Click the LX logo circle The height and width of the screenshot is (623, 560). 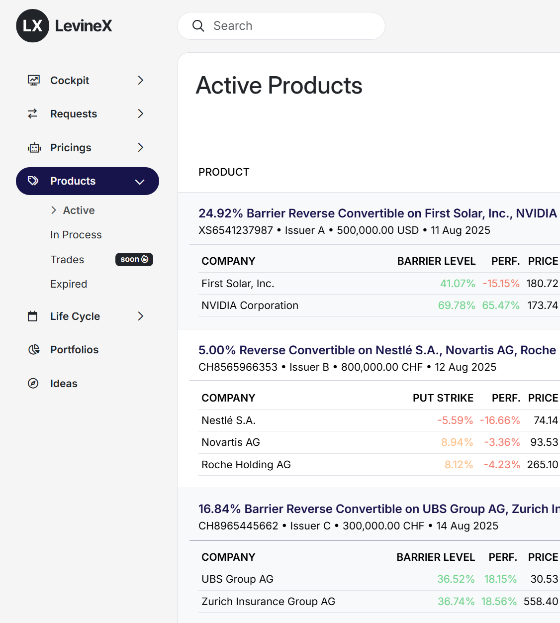tap(33, 26)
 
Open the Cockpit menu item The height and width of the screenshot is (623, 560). tap(70, 81)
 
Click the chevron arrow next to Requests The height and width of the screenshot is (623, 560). tap(140, 114)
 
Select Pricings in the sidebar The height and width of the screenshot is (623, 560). tap(71, 148)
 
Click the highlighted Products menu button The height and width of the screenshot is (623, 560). tap(88, 181)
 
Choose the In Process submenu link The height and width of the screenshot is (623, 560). tap(76, 235)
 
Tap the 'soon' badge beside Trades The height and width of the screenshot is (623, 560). tap(134, 259)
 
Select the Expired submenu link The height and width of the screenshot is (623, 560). tap(69, 284)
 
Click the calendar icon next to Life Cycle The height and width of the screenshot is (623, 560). tap(33, 316)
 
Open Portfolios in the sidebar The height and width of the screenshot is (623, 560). tap(74, 350)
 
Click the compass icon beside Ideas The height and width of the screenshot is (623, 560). tap(33, 384)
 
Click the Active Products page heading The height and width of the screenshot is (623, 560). tap(279, 86)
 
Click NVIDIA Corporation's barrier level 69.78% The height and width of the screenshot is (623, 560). tap(456, 306)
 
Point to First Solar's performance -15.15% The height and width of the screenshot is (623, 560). tap(501, 284)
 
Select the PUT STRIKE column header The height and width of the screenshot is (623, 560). tap(443, 398)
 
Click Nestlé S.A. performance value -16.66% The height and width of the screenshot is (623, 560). tap(500, 420)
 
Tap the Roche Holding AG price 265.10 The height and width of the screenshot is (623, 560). tap(542, 465)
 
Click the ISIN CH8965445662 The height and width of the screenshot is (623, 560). tap(238, 526)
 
